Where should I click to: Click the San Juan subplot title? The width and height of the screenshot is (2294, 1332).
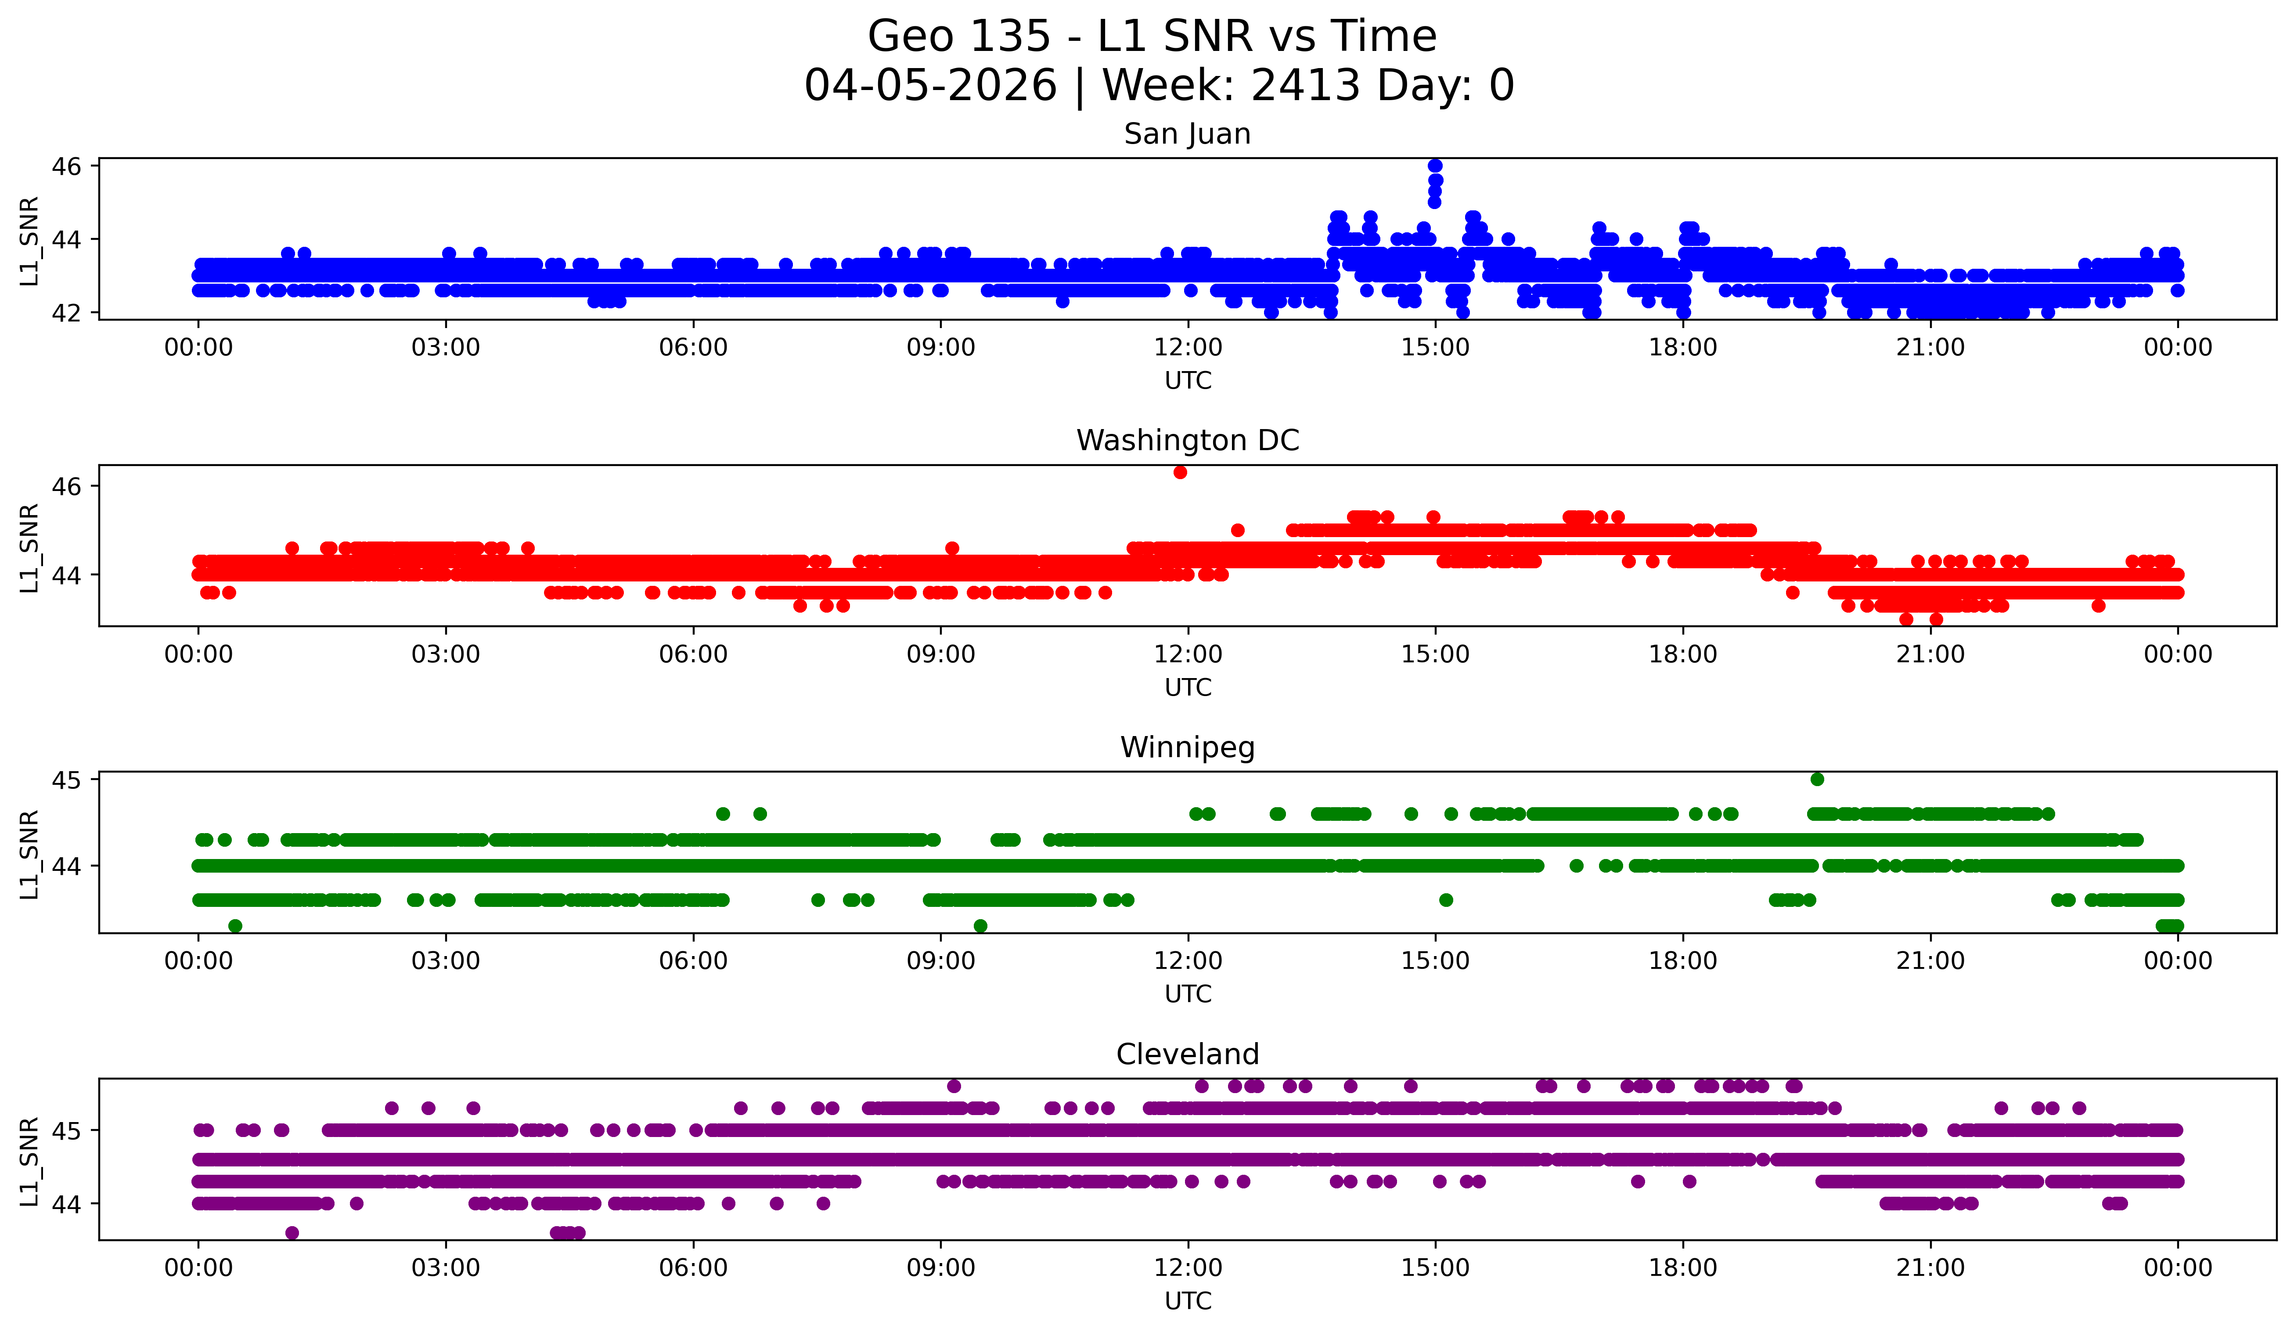point(1187,134)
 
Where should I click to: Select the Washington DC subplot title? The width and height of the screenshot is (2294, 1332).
point(1187,440)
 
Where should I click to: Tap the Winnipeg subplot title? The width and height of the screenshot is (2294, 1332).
point(1187,747)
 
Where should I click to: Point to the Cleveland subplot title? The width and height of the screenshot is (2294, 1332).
point(1187,1054)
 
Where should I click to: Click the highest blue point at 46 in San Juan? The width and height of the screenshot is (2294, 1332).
point(1435,166)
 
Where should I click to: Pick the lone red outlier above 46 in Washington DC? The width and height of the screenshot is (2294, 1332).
point(1180,472)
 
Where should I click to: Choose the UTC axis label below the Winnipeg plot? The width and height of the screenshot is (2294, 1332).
point(1187,994)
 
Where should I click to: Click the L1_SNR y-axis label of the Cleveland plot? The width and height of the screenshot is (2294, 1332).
point(29,1161)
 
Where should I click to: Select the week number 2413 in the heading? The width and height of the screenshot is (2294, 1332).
point(1305,86)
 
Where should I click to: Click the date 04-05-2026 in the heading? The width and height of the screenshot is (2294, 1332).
point(930,86)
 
